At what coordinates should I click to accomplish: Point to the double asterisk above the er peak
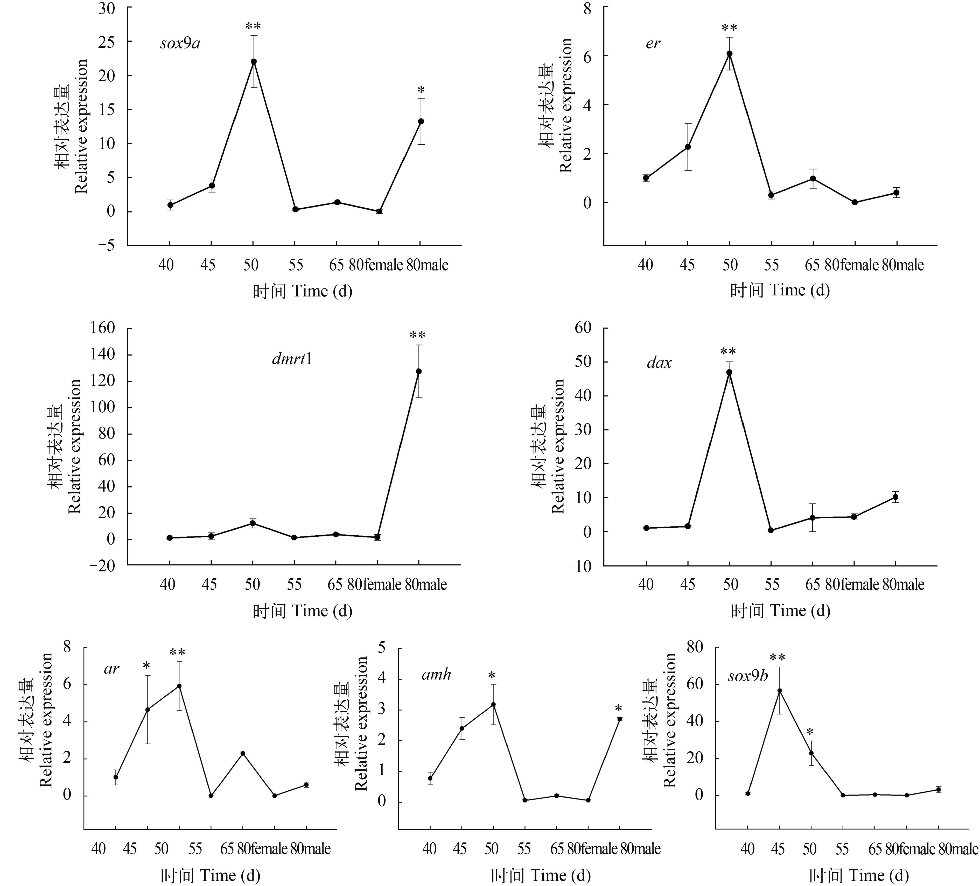tap(729, 28)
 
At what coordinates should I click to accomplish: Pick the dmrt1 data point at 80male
tap(418, 371)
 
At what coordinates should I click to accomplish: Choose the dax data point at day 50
tap(729, 372)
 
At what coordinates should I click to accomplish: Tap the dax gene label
tap(659, 363)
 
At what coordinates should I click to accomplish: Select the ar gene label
tap(111, 669)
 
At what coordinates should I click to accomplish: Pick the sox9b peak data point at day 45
tap(779, 691)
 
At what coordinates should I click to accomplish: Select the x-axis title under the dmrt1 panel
tap(302, 611)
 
